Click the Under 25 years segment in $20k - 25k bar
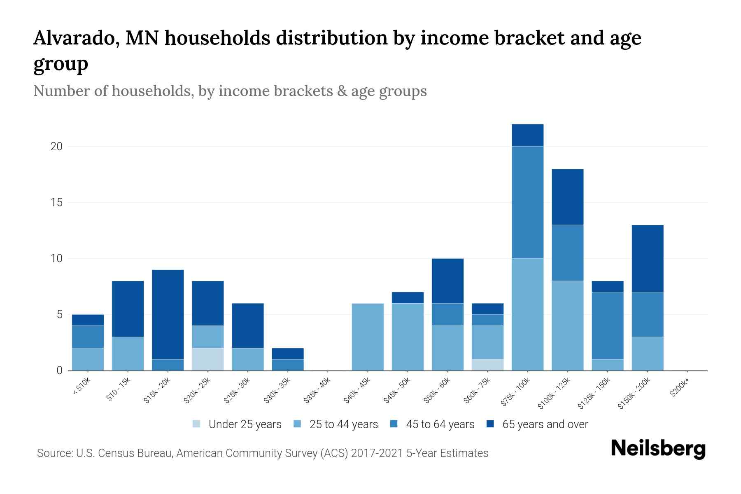(x=208, y=359)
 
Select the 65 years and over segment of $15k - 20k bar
(x=168, y=314)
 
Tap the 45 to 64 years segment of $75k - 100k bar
(x=527, y=202)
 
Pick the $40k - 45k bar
(x=368, y=337)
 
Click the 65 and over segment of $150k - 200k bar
(x=648, y=258)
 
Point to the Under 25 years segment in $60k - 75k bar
(x=488, y=365)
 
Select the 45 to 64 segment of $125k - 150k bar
(x=608, y=325)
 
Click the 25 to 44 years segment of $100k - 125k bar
(x=568, y=325)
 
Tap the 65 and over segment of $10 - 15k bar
(x=128, y=309)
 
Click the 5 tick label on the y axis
(x=60, y=315)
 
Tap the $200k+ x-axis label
(x=680, y=388)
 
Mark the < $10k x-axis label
(x=82, y=387)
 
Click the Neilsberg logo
(x=658, y=449)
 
